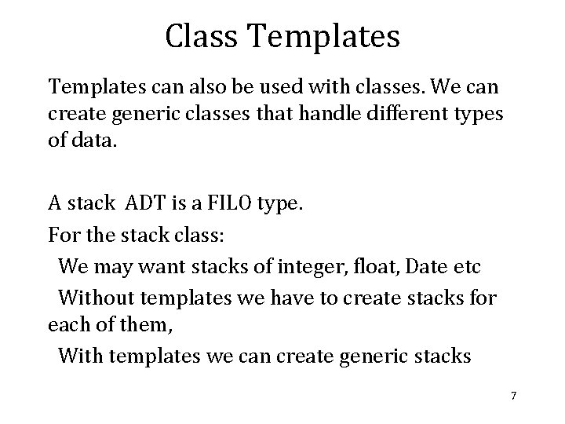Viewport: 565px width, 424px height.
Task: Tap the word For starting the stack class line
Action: click(64, 235)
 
